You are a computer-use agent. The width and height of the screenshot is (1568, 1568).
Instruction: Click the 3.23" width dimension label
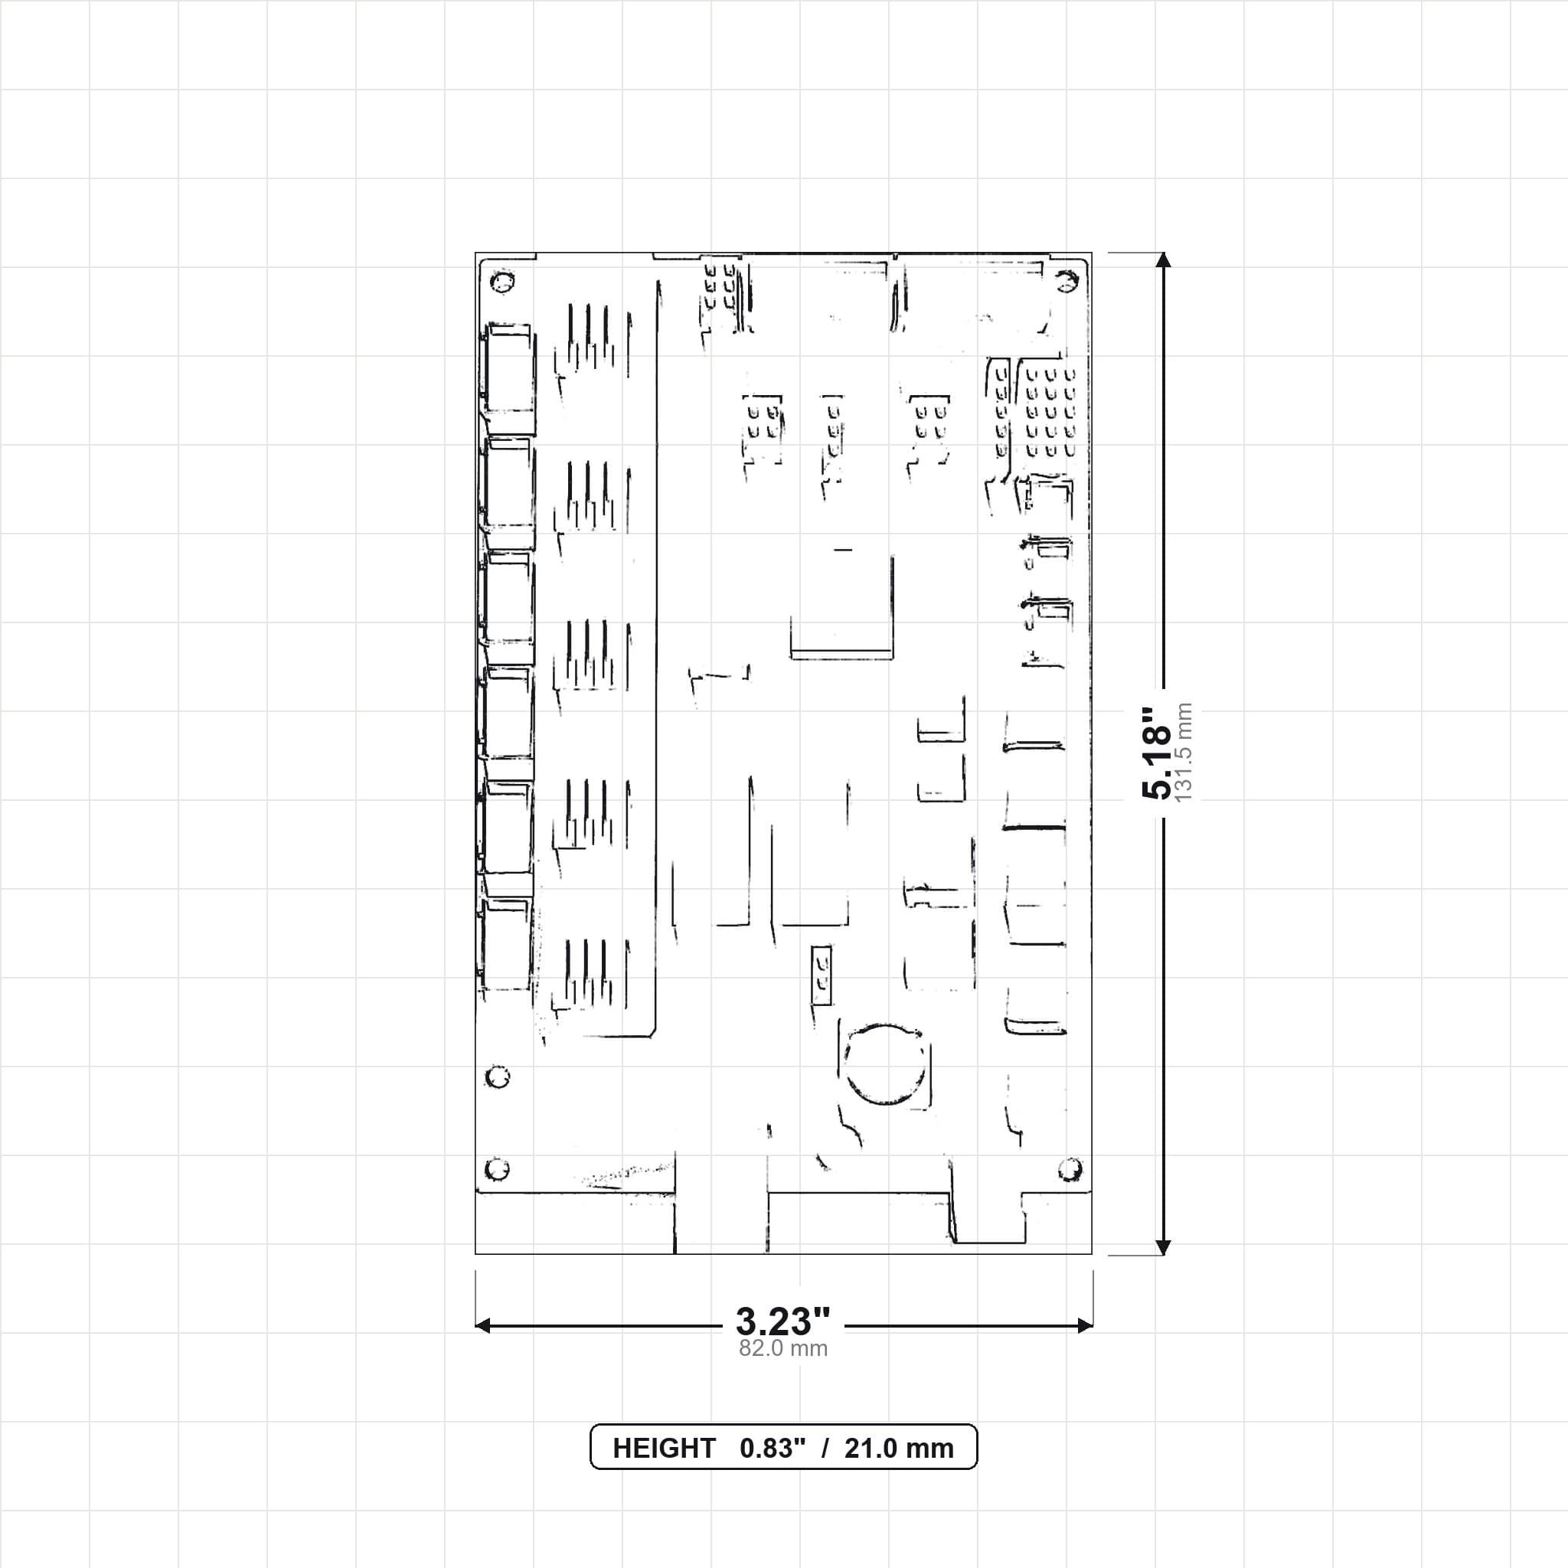coord(783,1322)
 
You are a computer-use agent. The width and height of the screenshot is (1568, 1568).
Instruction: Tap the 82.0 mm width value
coord(783,1349)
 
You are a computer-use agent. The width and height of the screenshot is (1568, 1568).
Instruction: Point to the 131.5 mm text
coord(1184,753)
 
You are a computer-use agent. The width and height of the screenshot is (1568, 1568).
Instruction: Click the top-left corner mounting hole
coord(502,283)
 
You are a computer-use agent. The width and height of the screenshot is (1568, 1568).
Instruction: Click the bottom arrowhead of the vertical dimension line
coord(1163,1247)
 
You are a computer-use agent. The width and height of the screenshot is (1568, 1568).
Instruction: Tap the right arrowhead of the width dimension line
coord(1084,1326)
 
